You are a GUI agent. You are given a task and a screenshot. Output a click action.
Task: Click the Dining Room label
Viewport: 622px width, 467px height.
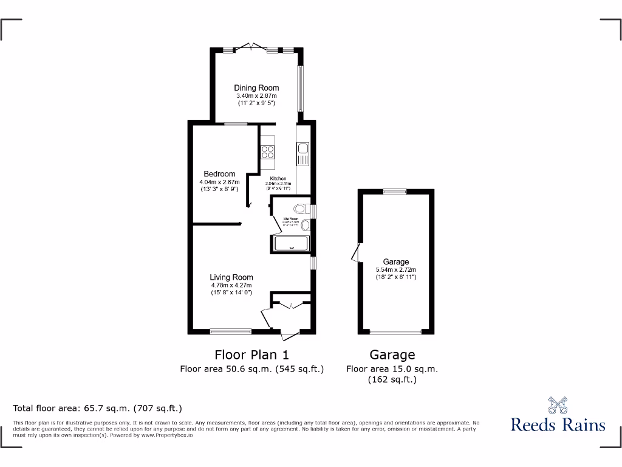tap(256, 88)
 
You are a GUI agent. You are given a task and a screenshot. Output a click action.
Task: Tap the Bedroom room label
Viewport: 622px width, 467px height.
tap(219, 174)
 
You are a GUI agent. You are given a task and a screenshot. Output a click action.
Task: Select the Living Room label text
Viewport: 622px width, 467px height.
tap(231, 277)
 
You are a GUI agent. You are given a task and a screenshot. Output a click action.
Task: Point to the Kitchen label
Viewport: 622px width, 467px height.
tap(278, 179)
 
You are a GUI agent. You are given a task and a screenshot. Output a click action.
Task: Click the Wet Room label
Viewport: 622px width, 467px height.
tap(290, 219)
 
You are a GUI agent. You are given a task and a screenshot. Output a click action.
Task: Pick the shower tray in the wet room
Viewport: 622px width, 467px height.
tap(292, 244)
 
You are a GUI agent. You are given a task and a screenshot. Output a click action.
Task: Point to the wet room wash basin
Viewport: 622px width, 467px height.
tap(306, 226)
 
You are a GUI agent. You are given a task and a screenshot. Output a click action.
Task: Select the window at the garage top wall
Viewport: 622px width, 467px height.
tap(395, 192)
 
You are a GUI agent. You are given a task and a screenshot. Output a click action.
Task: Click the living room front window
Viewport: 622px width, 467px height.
tap(231, 331)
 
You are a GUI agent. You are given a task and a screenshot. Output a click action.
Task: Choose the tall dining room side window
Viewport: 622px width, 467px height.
tap(300, 89)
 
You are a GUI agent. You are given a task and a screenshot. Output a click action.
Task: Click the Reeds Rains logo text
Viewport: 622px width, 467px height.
tap(558, 424)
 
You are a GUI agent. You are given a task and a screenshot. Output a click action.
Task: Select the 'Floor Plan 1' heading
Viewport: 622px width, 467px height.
tap(251, 355)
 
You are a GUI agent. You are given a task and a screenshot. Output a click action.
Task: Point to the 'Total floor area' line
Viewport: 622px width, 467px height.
tap(97, 408)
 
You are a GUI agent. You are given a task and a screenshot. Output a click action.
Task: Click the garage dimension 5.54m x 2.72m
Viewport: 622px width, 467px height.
tap(395, 269)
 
